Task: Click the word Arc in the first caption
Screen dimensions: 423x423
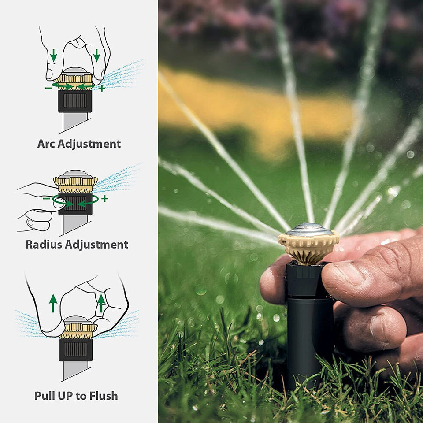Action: [46, 144]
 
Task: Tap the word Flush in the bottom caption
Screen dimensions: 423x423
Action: [103, 396]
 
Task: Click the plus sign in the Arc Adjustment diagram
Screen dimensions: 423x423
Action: [102, 88]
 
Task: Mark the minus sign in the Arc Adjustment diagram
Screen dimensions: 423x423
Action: [48, 88]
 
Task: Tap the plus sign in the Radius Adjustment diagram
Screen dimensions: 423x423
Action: [104, 199]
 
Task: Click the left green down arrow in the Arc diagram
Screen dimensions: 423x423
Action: [53, 56]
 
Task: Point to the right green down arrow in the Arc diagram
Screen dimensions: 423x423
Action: [96, 56]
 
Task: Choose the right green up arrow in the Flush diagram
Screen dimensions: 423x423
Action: [101, 302]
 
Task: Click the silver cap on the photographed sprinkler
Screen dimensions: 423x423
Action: [308, 230]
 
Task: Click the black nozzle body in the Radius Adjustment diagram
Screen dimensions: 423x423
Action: [75, 204]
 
